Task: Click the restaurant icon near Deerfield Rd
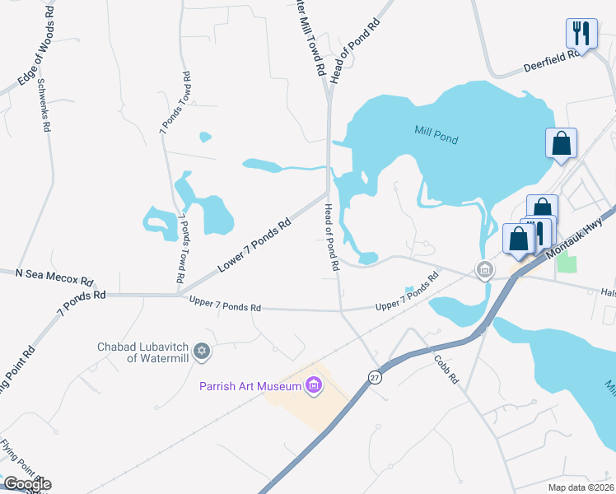(x=581, y=34)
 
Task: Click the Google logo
(x=27, y=483)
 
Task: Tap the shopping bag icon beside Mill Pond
(x=561, y=142)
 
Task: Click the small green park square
(x=567, y=264)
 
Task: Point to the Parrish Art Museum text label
(x=250, y=385)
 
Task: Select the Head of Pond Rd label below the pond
(x=332, y=238)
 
